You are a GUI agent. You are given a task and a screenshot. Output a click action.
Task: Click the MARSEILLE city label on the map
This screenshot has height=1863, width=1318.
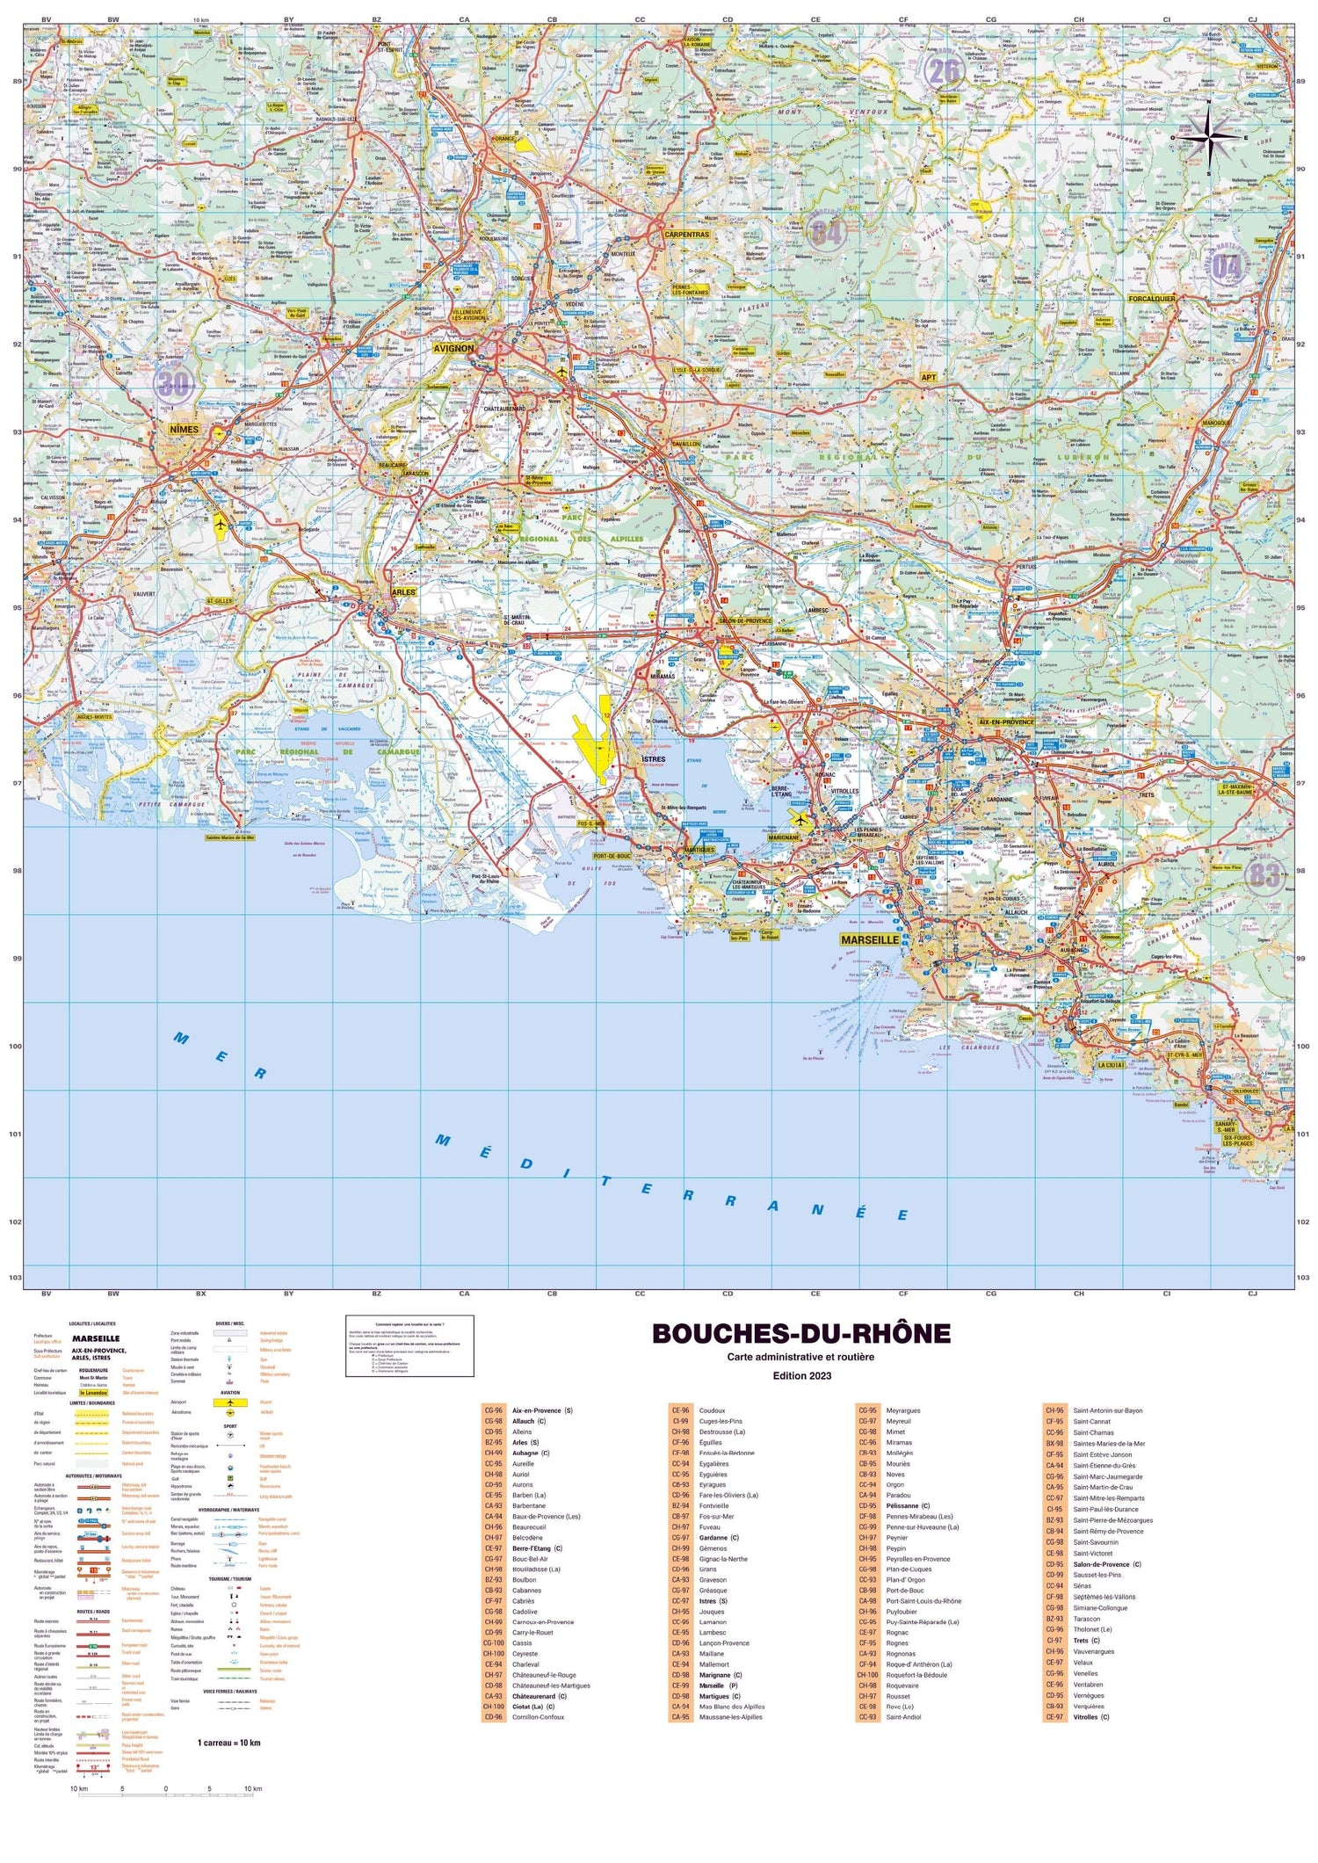(x=870, y=939)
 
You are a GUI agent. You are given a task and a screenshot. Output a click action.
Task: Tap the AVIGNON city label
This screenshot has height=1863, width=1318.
(x=453, y=348)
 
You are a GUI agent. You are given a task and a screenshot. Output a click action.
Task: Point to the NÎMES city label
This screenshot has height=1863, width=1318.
(x=185, y=429)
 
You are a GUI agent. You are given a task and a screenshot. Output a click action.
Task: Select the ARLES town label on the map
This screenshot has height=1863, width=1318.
(x=403, y=592)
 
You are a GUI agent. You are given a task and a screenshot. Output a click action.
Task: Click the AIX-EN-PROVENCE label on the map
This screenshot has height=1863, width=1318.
(x=1006, y=721)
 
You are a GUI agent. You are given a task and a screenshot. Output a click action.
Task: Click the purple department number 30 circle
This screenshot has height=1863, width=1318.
(x=174, y=384)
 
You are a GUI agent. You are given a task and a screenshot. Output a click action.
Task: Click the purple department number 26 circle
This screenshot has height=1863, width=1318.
(x=943, y=69)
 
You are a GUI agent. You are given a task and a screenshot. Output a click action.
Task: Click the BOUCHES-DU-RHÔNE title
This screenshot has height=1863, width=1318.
(x=800, y=1333)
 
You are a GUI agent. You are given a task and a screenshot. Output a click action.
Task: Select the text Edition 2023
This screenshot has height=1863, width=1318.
(x=800, y=1375)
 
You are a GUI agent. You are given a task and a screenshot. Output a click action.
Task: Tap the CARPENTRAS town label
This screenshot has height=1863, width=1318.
(x=686, y=235)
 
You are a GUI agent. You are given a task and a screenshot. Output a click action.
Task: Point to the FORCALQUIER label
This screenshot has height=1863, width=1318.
(x=1151, y=298)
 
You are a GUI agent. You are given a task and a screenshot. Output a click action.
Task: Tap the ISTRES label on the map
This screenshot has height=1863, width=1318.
(x=654, y=758)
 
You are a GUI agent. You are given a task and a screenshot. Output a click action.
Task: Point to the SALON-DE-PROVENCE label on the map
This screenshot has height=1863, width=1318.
(x=745, y=620)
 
